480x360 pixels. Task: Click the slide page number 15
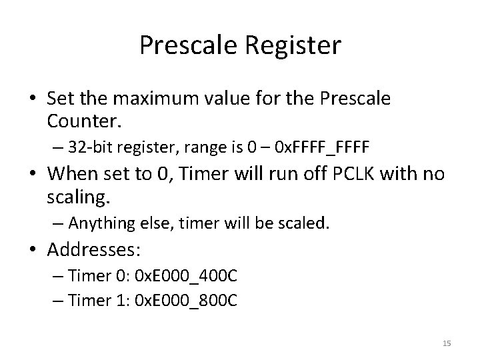point(447,343)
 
